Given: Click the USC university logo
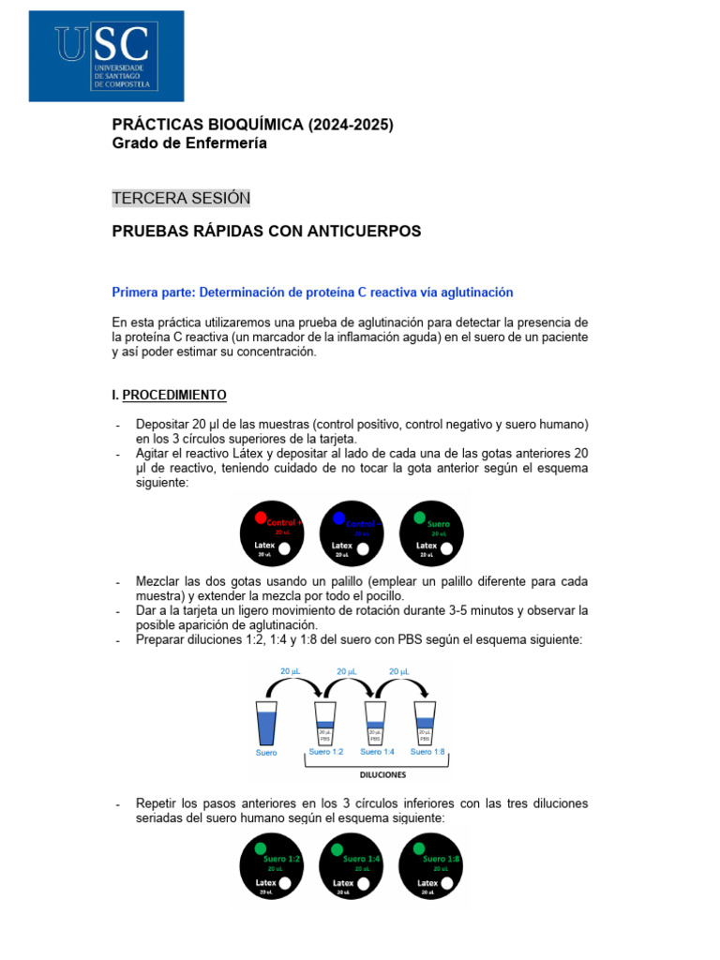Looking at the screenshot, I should click(106, 56).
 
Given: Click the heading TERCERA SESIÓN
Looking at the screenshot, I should click(181, 198).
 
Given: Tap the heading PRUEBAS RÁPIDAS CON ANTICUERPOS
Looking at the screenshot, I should click(266, 231).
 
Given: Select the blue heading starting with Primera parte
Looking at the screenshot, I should click(312, 292).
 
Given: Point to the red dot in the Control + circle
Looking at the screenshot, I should click(260, 517).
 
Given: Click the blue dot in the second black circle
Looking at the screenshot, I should click(339, 517).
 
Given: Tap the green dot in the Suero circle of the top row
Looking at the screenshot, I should click(419, 517).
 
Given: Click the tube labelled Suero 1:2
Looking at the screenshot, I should click(324, 724).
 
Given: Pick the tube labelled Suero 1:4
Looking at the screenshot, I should click(375, 724).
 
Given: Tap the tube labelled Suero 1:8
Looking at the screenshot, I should click(426, 724).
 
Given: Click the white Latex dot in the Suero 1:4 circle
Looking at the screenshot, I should click(364, 883).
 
